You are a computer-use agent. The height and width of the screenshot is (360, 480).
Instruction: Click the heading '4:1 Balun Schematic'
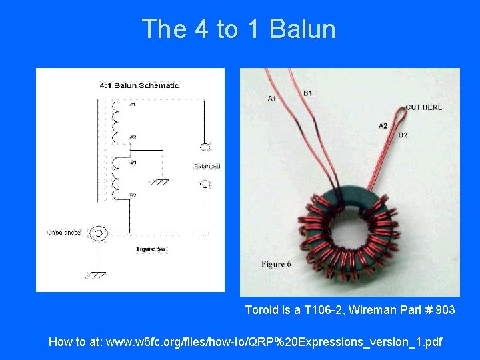coord(139,85)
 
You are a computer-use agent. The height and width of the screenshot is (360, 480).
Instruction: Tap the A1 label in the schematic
coord(133,105)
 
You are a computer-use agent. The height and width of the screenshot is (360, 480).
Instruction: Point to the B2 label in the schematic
coord(133,195)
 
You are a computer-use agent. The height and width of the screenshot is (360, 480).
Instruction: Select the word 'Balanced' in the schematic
coord(207,166)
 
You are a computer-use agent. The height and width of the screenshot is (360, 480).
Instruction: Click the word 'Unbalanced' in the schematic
coord(64,233)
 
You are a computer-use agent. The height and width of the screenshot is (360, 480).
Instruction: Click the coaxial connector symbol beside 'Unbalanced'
coord(99,233)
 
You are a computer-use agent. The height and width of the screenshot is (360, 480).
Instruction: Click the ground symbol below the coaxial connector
coord(99,273)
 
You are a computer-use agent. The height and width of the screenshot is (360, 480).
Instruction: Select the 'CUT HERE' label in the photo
coord(423,107)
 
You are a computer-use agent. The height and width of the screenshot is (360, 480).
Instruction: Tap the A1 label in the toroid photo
coord(272,99)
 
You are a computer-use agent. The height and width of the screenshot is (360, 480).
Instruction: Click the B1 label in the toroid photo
coord(307,93)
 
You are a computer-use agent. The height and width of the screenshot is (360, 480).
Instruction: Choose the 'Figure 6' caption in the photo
coord(276,265)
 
